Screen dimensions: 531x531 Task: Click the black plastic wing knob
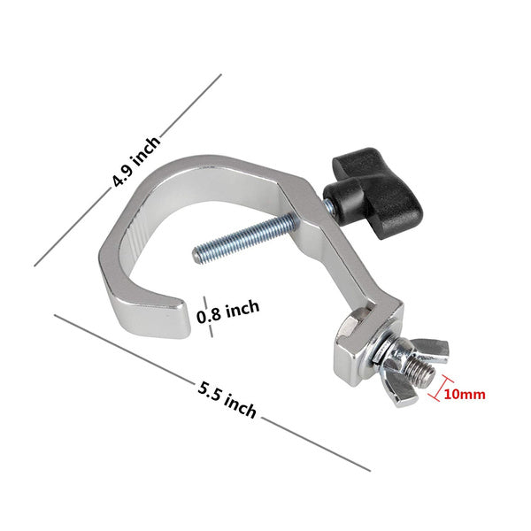click(373, 193)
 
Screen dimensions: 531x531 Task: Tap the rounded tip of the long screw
click(196, 255)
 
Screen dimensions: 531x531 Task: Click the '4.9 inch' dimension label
click(135, 162)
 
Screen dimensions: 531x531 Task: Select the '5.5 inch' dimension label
click(227, 400)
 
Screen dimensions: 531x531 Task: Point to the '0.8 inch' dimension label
click(228, 312)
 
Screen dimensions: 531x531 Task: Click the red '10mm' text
click(465, 394)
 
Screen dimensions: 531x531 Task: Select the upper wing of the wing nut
click(431, 349)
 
